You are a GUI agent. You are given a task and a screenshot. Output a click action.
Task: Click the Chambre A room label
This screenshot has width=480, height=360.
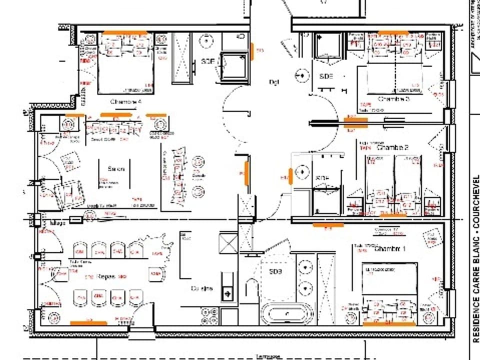tap(126, 101)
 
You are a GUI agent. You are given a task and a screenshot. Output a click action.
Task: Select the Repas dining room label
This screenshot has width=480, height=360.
tap(106, 276)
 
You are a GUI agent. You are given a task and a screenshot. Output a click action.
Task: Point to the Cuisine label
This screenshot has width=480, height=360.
tap(201, 288)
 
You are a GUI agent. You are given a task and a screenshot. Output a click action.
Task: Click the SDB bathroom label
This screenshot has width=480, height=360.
tap(276, 272)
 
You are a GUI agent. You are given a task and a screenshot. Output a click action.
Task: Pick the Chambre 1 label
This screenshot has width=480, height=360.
tap(387, 248)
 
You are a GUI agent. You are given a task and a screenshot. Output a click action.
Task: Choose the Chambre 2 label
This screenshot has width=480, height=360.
tap(393, 147)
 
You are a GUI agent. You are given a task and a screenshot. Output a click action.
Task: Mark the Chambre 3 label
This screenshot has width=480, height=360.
tap(393, 99)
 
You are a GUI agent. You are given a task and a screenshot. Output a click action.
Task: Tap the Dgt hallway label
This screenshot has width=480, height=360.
tap(273, 81)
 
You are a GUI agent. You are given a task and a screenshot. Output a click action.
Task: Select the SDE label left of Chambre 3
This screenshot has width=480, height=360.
tap(325, 76)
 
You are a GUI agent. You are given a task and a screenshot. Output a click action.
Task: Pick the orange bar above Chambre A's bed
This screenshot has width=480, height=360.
tap(125, 33)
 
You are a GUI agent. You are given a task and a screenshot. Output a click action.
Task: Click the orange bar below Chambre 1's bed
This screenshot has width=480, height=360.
tap(389, 323)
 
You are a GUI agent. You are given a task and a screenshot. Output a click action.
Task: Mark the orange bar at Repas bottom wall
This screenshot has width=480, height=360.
tap(88, 323)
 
